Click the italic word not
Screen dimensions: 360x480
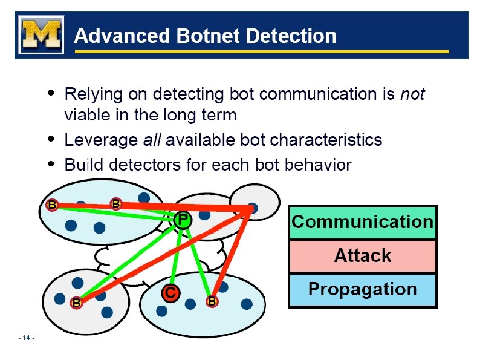pos(413,94)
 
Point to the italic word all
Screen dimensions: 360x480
pos(151,140)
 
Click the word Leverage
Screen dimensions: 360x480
pos(100,140)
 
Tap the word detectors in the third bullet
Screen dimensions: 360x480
pos(138,165)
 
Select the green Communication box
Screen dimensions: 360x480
pos(362,222)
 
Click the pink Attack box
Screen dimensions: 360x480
pos(362,256)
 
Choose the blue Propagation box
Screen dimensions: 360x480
pos(362,289)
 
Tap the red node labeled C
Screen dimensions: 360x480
pos(170,293)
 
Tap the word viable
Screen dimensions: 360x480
pos(86,115)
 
